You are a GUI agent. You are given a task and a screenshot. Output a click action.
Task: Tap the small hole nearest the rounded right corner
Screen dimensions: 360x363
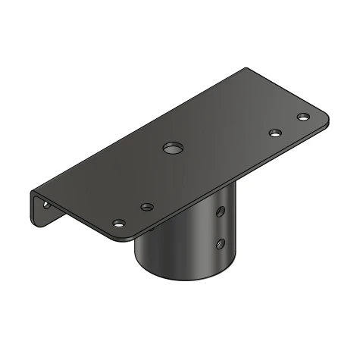click(303, 117)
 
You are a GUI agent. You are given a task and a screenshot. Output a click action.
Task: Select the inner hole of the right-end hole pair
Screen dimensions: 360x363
click(275, 133)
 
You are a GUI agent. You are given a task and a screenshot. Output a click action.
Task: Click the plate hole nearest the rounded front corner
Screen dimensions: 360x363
click(119, 224)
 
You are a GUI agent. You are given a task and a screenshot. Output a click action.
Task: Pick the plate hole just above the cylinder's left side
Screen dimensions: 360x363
click(147, 207)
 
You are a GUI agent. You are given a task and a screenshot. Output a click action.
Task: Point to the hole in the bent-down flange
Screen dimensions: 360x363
click(45, 205)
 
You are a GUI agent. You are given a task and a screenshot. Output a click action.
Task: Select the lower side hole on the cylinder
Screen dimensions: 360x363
click(221, 243)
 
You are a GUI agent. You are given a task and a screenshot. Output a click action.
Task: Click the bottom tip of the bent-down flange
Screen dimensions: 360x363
click(34, 223)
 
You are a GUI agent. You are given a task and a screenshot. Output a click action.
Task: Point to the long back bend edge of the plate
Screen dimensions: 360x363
click(136, 129)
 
